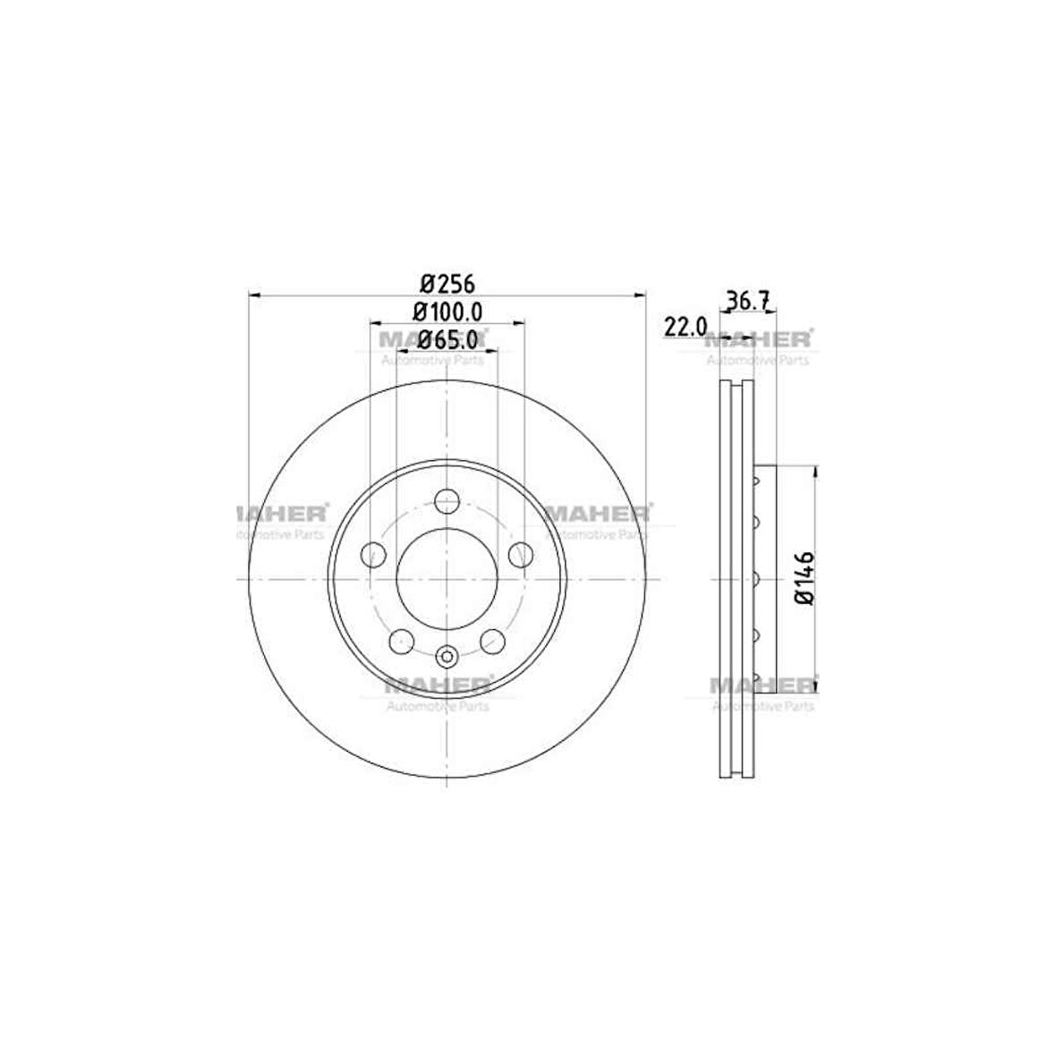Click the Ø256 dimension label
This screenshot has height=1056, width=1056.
tap(447, 284)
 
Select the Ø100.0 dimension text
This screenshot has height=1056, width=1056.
tap(447, 311)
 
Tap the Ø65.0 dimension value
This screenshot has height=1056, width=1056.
tap(447, 339)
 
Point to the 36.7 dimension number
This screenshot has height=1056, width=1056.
tap(747, 300)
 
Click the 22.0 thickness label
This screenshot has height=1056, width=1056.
tap(686, 328)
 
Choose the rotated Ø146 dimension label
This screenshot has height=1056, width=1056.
tap(805, 578)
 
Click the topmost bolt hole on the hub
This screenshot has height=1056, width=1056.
tap(447, 501)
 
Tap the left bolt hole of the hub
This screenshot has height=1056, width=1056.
tap(373, 555)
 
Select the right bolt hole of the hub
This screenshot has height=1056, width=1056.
tap(521, 555)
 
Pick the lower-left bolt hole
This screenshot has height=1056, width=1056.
tap(402, 641)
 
